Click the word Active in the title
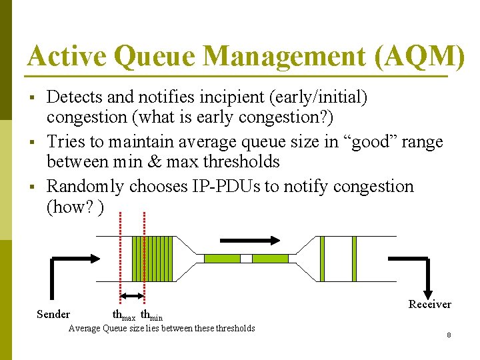[67, 57]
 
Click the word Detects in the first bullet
[75, 97]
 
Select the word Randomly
[85, 186]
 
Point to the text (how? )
[75, 207]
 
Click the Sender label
[53, 314]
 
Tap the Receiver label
[429, 304]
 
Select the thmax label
[124, 315]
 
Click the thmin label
[152, 315]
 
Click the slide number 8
[449, 335]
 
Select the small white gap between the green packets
[246, 258]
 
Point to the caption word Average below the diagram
[85, 328]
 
